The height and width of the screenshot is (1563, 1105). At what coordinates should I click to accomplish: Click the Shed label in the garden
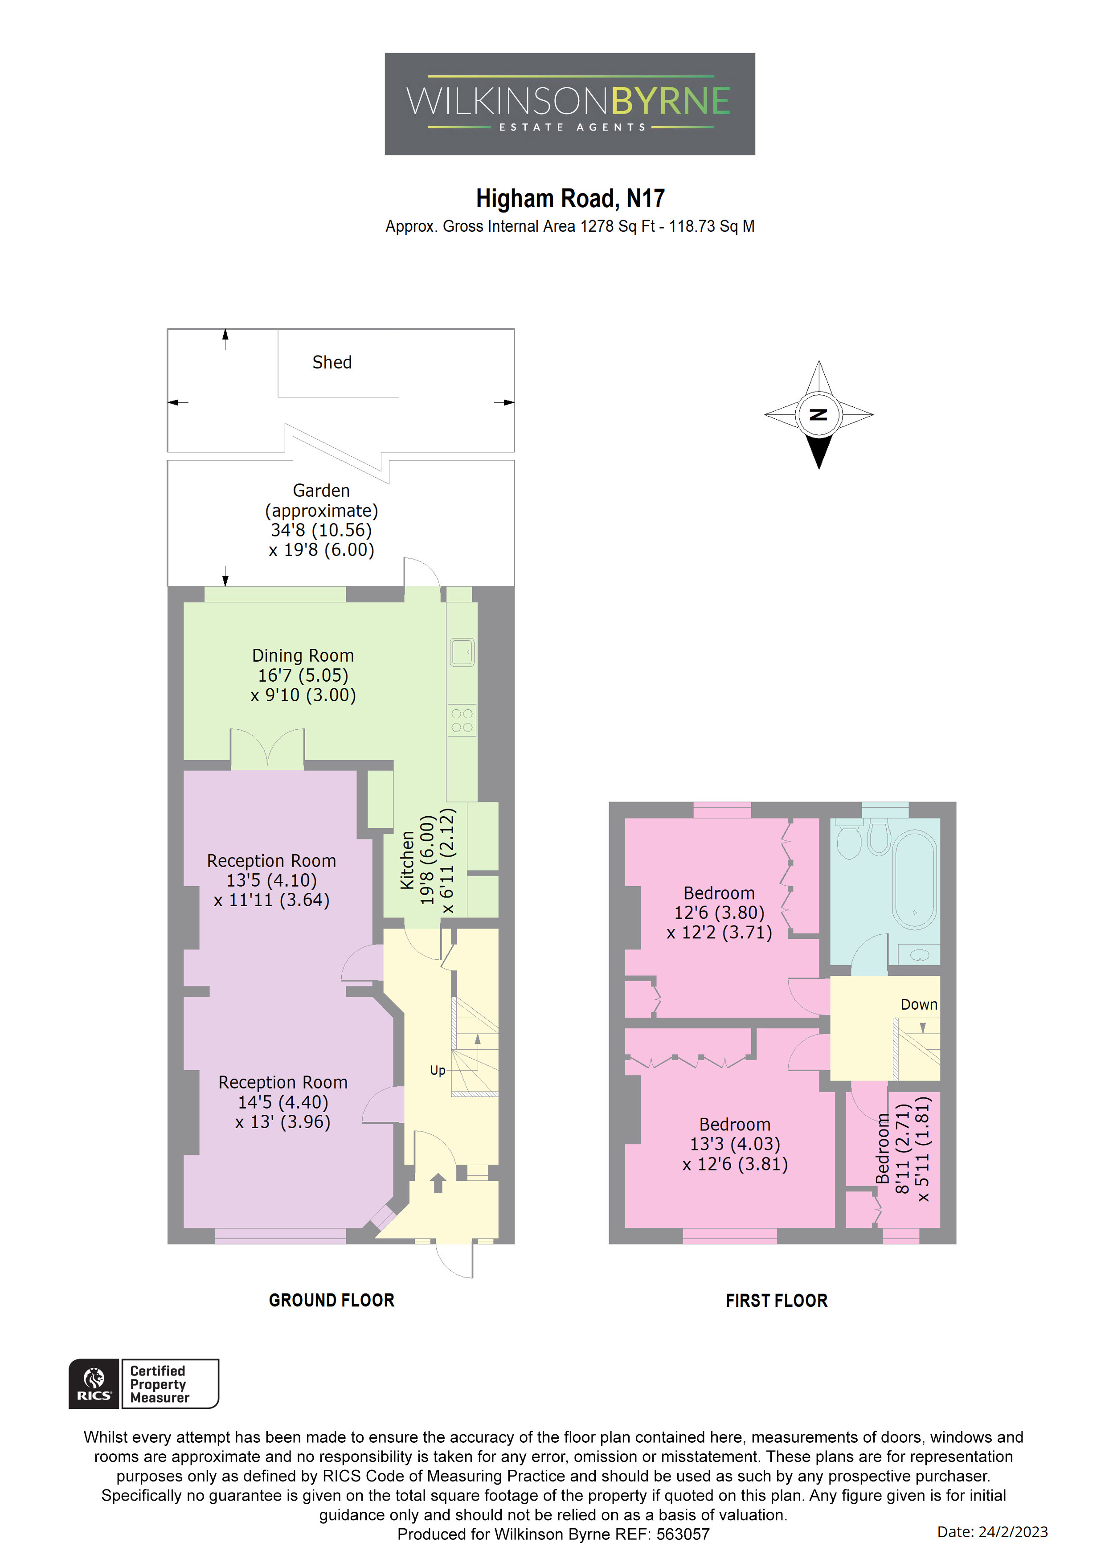[x=331, y=362]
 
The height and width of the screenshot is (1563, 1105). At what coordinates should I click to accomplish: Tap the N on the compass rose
[x=819, y=414]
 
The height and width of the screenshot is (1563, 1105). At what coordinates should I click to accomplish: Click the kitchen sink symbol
[x=462, y=652]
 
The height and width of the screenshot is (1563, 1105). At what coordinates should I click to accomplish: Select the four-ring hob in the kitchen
[x=462, y=720]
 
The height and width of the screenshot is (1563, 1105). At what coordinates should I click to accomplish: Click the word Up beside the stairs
[x=437, y=1070]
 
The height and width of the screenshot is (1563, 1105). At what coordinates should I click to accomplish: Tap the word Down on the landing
[x=918, y=1005]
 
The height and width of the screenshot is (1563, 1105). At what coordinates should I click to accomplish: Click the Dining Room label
[x=303, y=655]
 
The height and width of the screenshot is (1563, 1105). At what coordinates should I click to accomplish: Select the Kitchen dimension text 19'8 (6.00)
[x=427, y=860]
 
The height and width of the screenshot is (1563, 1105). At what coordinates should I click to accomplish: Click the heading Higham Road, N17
[x=570, y=199]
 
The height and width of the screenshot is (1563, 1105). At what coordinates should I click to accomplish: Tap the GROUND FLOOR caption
[x=331, y=1300]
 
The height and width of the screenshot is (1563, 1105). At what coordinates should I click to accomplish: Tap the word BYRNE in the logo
[x=670, y=102]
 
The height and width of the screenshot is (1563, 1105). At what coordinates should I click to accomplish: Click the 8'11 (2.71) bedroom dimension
[x=902, y=1149]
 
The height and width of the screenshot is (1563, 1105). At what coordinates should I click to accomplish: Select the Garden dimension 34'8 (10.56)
[x=321, y=530]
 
